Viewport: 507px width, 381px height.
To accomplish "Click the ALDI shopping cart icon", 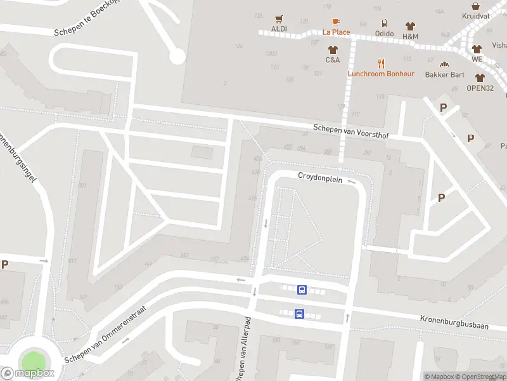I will coord(278,19).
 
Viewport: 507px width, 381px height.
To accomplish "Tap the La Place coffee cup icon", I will coord(336,22).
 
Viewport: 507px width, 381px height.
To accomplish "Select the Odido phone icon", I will coord(385,24).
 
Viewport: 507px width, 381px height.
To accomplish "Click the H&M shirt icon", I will coord(410,26).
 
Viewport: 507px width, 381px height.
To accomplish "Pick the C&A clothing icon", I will coord(333,50).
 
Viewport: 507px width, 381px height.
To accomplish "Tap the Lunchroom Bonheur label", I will coord(381,74).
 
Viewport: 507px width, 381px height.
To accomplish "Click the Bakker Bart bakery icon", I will coord(445,64).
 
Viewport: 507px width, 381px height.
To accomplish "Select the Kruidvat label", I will coord(476,16).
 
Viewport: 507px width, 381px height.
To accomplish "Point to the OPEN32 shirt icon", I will coord(480,77).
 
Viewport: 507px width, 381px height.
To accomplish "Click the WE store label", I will coord(477,59).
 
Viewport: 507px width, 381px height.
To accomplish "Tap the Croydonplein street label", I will coord(320,180).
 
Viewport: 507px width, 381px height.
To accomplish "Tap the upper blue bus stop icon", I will coord(302,290).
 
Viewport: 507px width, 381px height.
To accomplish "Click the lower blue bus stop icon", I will coord(299,314).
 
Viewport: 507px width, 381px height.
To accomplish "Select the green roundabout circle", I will coord(35,360).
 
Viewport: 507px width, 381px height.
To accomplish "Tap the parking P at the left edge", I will coord(5,265).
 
